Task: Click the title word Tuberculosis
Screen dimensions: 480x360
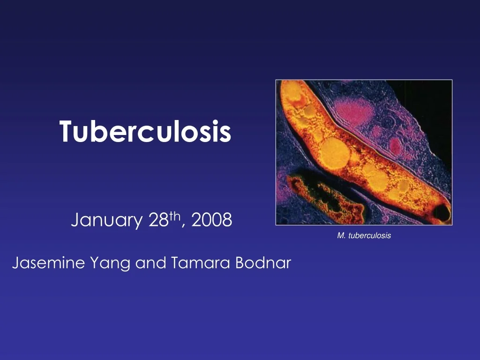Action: (145, 131)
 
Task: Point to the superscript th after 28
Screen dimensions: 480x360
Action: (175, 216)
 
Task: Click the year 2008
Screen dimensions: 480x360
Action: (211, 219)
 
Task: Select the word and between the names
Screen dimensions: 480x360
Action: (150, 263)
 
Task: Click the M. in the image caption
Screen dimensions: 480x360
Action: (341, 236)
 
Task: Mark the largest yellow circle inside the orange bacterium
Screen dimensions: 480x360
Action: (335, 152)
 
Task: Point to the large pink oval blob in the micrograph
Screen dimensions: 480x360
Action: (356, 111)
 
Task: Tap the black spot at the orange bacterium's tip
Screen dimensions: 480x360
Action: (442, 213)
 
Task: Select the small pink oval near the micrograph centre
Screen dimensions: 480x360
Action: (396, 146)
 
